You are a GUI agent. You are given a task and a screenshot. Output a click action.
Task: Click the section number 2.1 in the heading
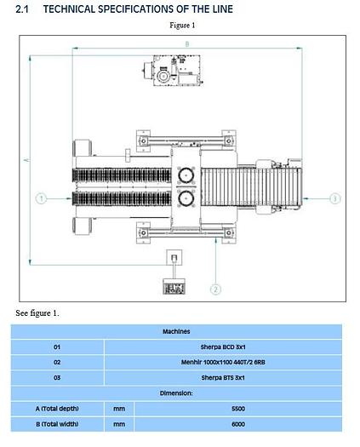click(23, 9)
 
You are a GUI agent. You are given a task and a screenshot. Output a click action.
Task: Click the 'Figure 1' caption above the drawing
click(181, 25)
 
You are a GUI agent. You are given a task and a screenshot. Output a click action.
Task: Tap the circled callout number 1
click(40, 198)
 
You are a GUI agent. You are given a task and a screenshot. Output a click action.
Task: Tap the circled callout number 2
click(216, 289)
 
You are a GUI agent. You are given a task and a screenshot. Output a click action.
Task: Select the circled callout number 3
click(334, 198)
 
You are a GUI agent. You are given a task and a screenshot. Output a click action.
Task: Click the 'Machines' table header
click(176, 331)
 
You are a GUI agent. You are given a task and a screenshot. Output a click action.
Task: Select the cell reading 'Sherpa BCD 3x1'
click(223, 347)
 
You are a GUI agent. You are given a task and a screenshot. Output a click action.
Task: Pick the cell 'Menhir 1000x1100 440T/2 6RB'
click(223, 362)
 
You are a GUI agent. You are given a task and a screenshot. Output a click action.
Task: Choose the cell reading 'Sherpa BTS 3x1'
click(223, 377)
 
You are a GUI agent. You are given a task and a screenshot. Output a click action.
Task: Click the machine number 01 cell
click(57, 347)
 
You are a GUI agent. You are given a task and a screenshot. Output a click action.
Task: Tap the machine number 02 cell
click(57, 362)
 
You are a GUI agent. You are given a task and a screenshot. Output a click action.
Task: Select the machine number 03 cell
click(57, 377)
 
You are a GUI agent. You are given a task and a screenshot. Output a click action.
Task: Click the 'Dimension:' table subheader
click(176, 393)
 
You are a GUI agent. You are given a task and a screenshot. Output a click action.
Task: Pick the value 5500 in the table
click(237, 408)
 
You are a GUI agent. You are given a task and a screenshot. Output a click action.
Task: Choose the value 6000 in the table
click(237, 423)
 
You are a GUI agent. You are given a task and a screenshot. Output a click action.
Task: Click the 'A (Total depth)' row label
click(57, 408)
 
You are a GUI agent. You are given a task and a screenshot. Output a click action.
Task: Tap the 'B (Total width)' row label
click(57, 423)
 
